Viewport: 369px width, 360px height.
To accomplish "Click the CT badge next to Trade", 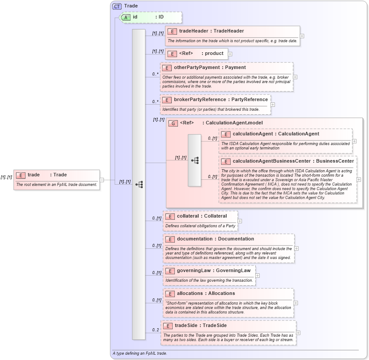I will [x=117, y=6].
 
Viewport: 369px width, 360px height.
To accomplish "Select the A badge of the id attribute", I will [x=126, y=17].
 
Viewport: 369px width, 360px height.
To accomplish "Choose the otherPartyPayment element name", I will [x=192, y=68].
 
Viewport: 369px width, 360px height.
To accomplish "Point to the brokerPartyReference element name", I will [x=200, y=100].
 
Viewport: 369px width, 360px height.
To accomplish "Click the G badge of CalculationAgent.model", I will [x=173, y=123].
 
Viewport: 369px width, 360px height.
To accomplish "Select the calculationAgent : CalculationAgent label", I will [x=275, y=134].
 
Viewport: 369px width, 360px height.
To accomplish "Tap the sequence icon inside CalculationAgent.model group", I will [x=195, y=160].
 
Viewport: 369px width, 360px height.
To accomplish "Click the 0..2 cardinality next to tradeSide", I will [x=156, y=330].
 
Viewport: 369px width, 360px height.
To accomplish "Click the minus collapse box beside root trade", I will [x=102, y=179].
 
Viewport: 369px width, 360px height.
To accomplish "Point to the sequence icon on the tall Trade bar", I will [x=139, y=184].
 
